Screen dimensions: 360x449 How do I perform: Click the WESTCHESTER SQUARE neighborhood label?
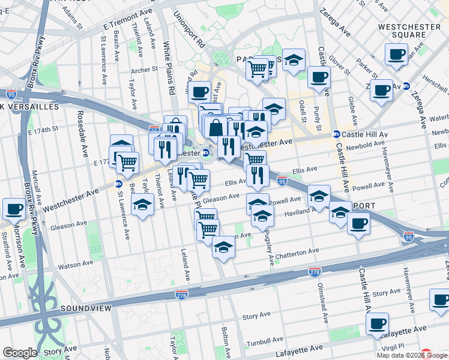click(x=409, y=30)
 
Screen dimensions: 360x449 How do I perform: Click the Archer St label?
click(x=144, y=70)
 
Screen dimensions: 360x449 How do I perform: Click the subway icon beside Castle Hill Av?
click(x=337, y=134)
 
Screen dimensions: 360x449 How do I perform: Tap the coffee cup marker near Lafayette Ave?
click(x=377, y=324)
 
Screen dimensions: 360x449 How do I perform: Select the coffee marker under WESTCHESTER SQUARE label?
click(x=396, y=55)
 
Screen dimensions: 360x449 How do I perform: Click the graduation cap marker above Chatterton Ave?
click(x=223, y=246)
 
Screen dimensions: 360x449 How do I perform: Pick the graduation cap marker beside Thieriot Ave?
click(x=142, y=204)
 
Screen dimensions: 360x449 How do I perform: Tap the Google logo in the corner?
click(x=20, y=353)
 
